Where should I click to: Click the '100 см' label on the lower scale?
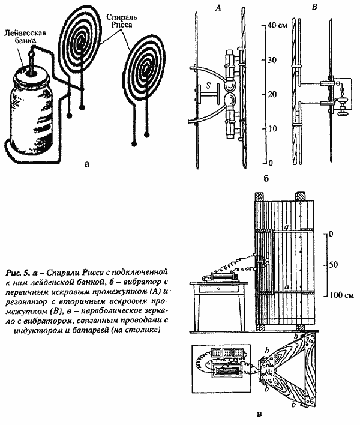pos(342,294)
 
